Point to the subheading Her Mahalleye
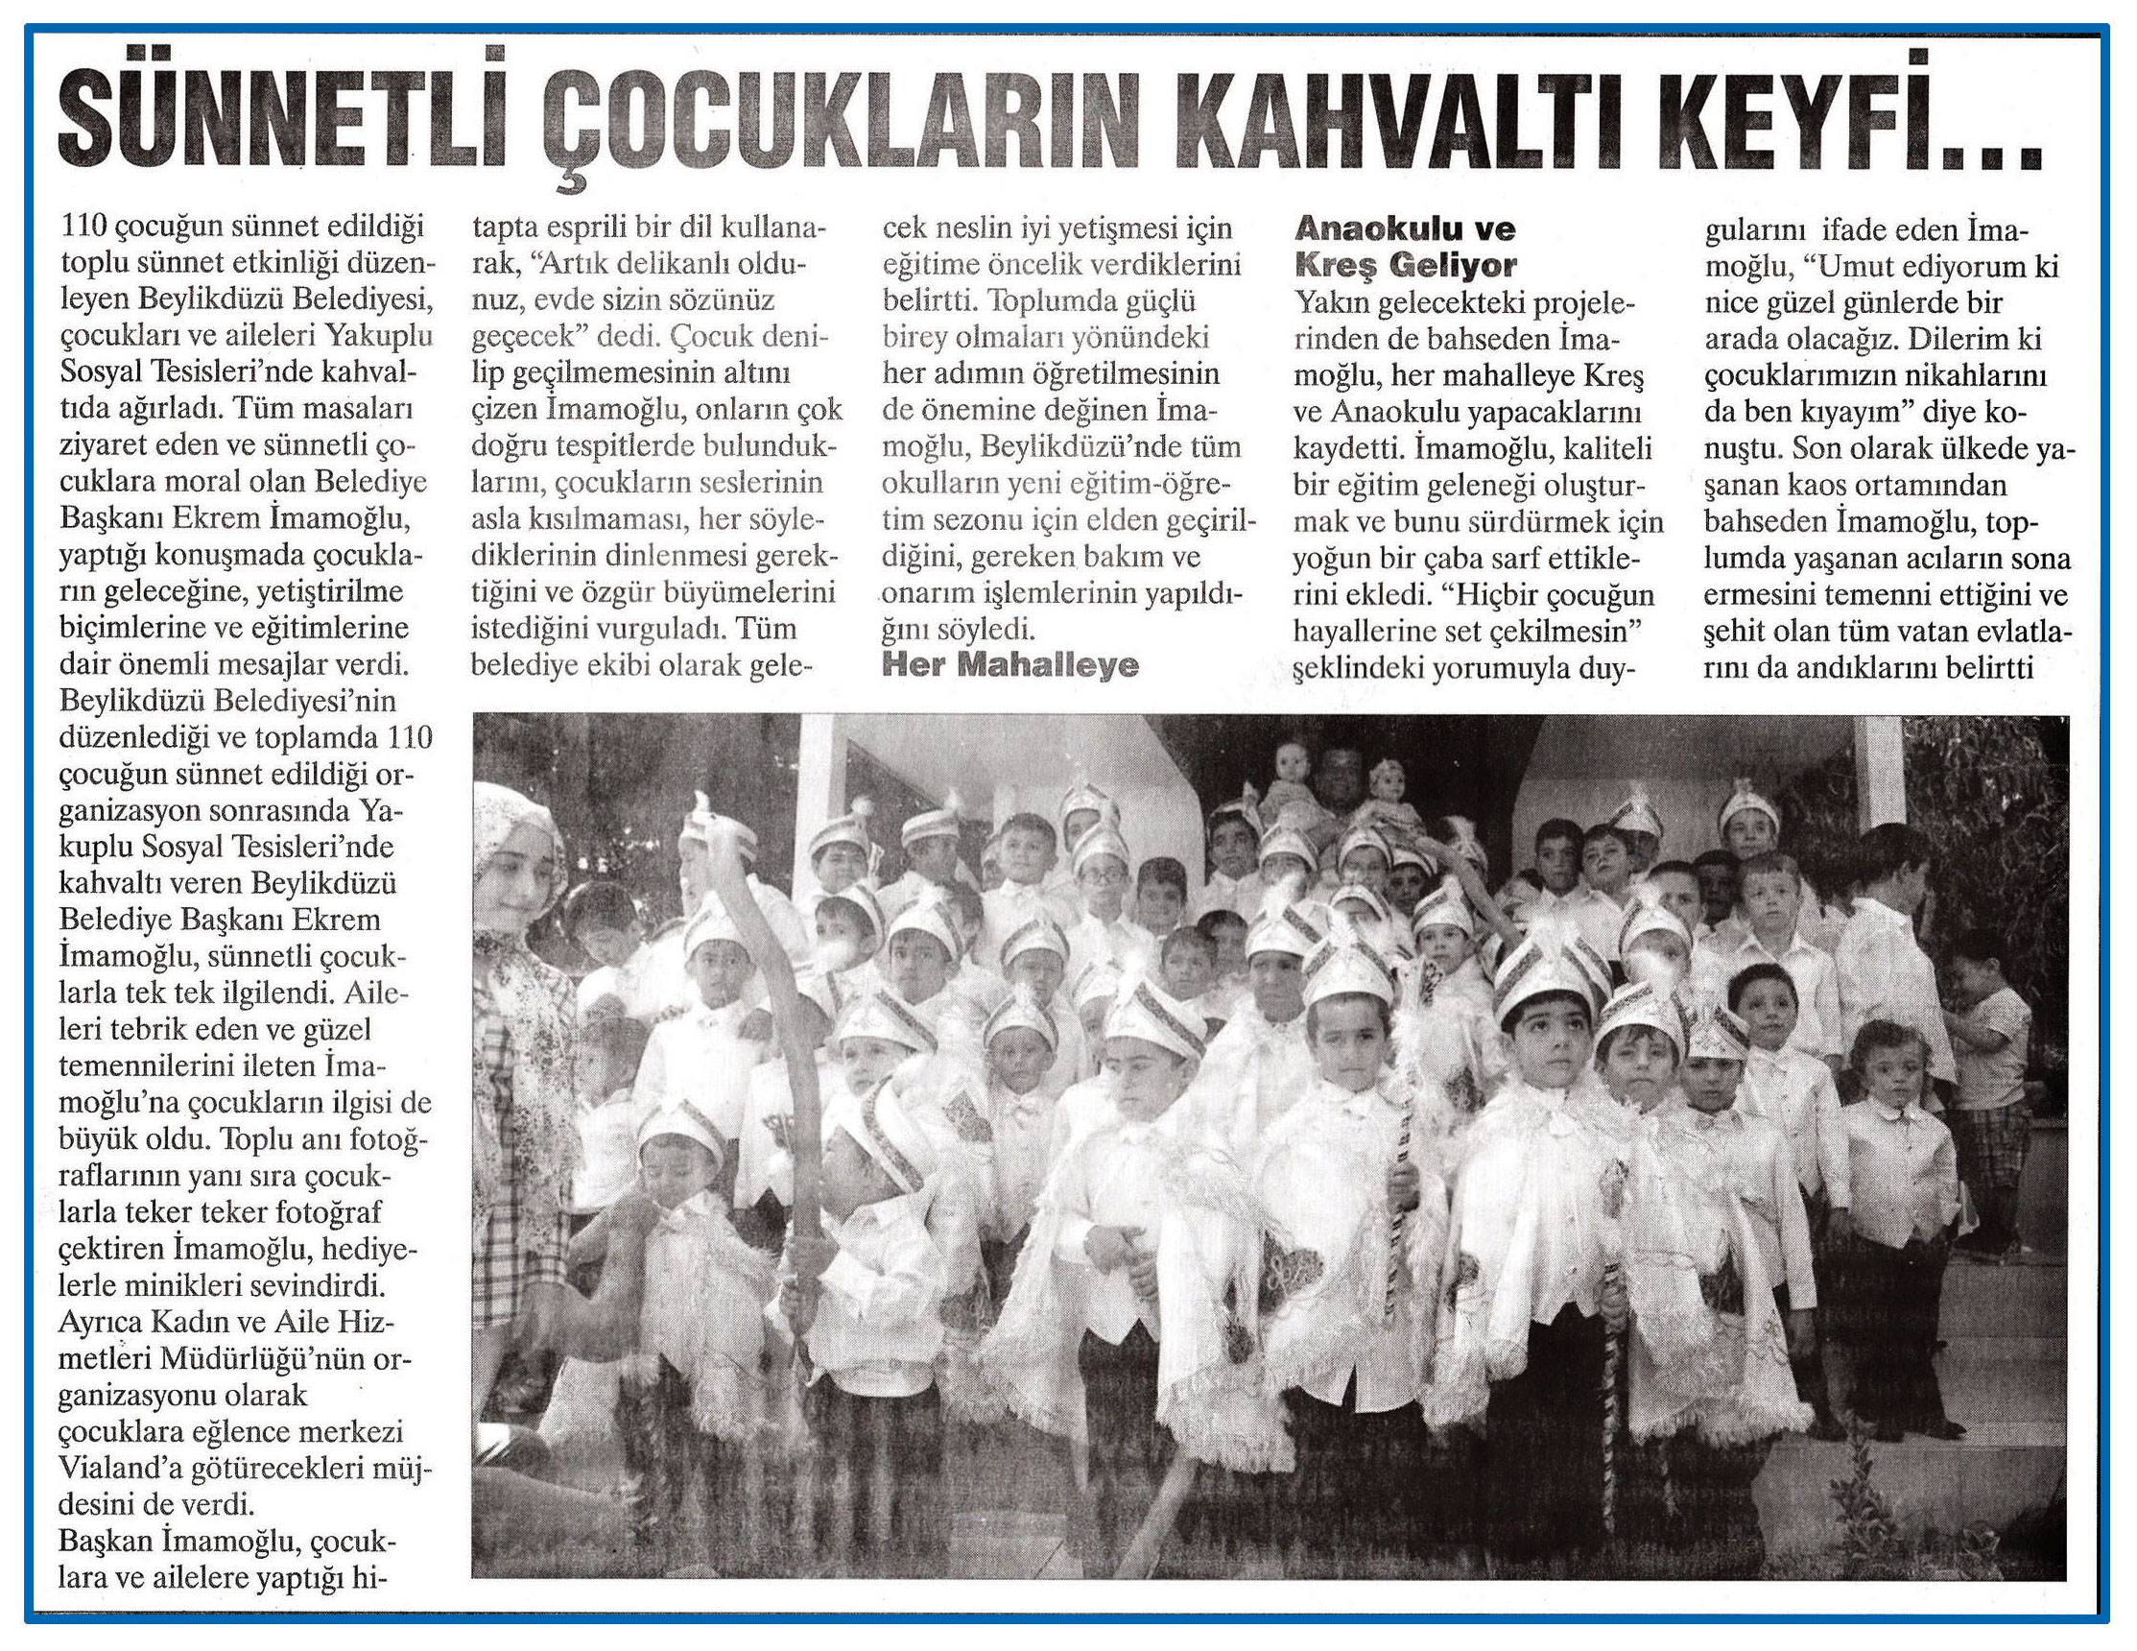tap(1009, 665)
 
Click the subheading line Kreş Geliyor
tap(1405, 265)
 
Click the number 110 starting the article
tap(83, 228)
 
